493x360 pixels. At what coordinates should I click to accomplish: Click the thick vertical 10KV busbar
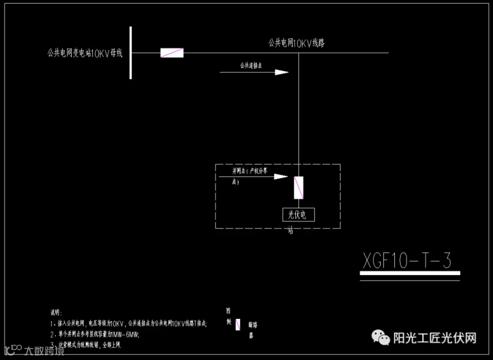point(131,53)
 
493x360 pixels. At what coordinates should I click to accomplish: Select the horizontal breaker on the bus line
point(171,53)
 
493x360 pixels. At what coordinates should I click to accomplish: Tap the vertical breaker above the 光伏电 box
point(299,187)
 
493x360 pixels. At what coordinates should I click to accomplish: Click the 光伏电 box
point(299,215)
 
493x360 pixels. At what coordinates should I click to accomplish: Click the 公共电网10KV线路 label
point(296,43)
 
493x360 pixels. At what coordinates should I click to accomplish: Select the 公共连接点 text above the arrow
point(251,65)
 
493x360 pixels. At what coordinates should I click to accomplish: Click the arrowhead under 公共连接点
point(281,72)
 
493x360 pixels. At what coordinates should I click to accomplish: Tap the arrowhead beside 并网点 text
point(280,176)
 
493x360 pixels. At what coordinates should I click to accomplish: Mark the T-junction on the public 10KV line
point(299,53)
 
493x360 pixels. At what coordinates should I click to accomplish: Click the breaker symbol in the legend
point(238,324)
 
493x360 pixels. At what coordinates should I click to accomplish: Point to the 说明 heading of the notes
point(57,312)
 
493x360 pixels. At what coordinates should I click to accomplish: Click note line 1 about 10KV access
point(129,324)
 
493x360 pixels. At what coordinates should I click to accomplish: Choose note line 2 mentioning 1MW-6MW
point(95,334)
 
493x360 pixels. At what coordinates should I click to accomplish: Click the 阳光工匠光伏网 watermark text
point(435,338)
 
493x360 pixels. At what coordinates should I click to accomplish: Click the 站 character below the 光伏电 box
point(291,231)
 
